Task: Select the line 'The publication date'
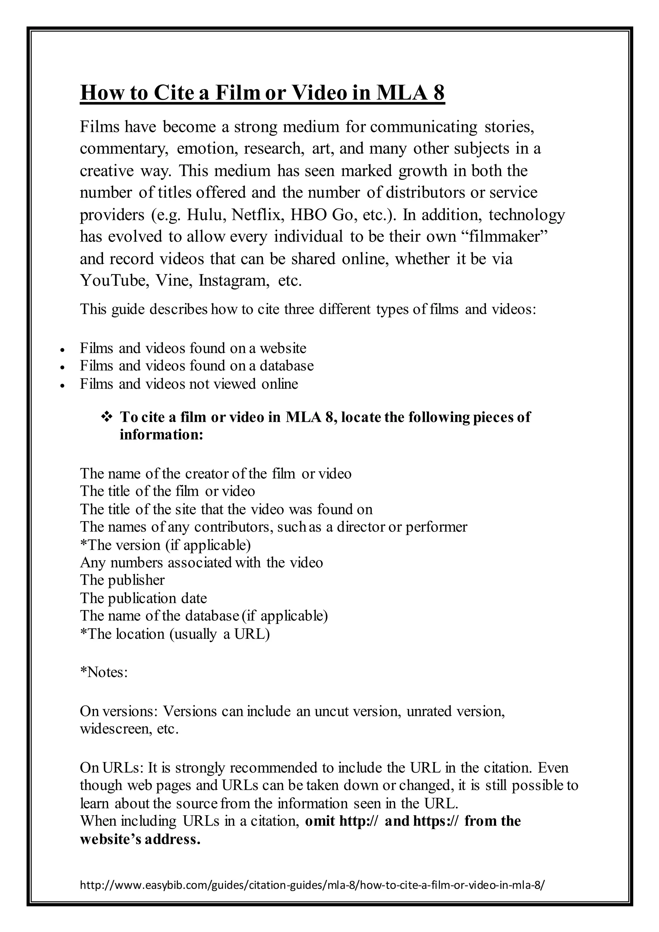coord(143,598)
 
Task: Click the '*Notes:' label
coord(104,672)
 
